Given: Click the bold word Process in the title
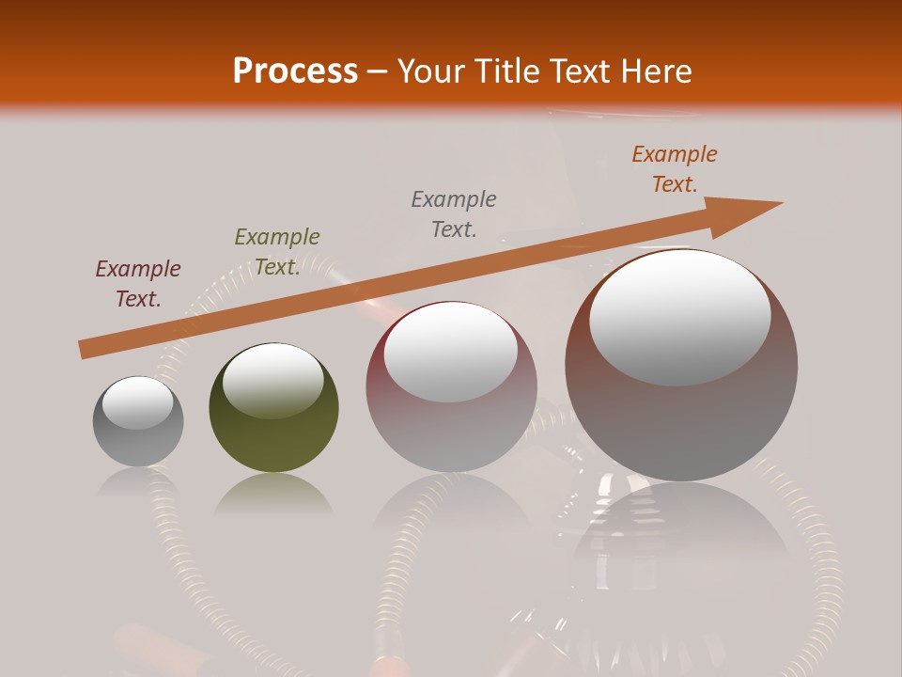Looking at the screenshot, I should click(x=295, y=71).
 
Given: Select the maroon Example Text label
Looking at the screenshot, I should click(x=138, y=284).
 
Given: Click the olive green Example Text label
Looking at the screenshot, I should click(x=277, y=252).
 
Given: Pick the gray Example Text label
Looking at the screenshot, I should click(x=454, y=214).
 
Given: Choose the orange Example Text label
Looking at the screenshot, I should click(x=675, y=169).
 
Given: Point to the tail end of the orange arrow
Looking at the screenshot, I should click(x=83, y=350).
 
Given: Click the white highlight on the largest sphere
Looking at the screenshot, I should click(x=680, y=317).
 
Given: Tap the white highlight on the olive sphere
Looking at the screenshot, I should click(x=273, y=380).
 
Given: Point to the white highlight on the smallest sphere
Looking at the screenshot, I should click(x=138, y=402).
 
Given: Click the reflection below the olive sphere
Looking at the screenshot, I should click(x=273, y=494).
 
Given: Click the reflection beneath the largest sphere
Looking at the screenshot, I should click(x=681, y=536).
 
